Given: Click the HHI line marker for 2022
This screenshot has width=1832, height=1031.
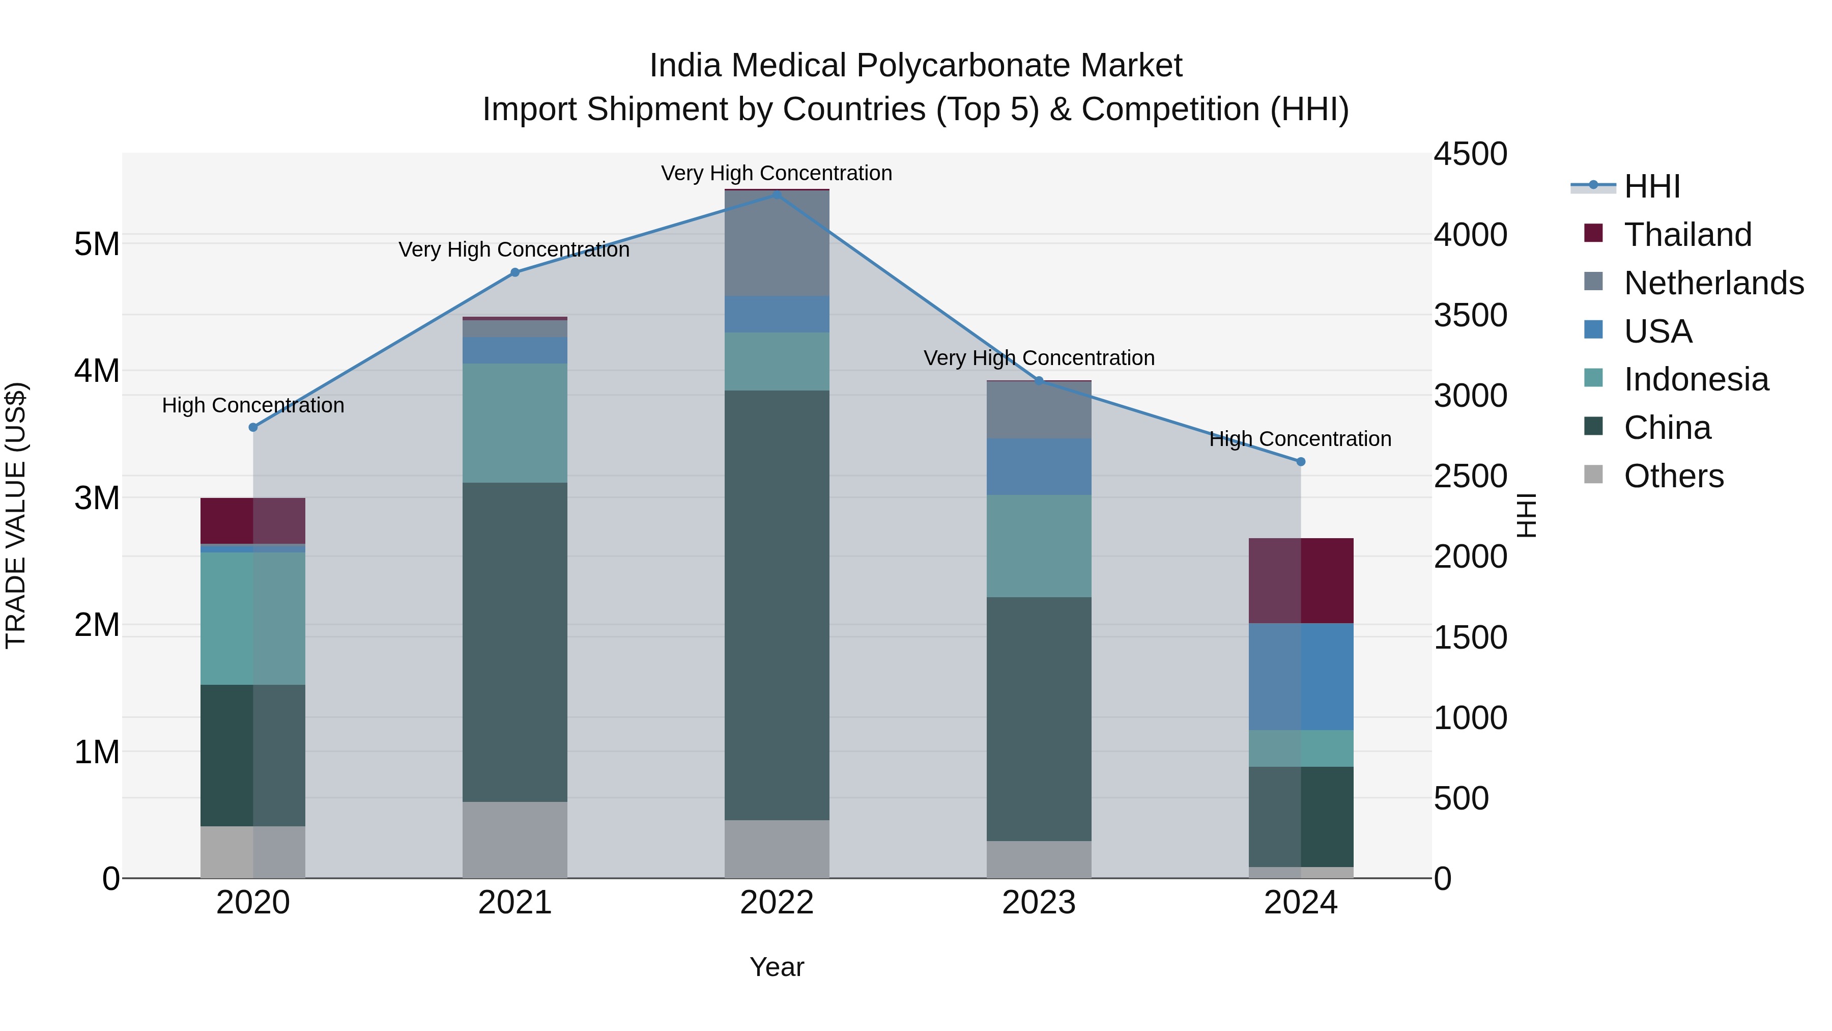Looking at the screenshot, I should pyautogui.click(x=777, y=194).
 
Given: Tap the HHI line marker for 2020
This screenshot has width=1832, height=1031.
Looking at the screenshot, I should pyautogui.click(x=253, y=427).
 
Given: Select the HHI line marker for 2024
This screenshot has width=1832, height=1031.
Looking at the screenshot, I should pyautogui.click(x=1301, y=462).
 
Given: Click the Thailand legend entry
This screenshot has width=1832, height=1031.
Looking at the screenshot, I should pyautogui.click(x=1687, y=235).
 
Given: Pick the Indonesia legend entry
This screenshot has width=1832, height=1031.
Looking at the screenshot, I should pyautogui.click(x=1696, y=379).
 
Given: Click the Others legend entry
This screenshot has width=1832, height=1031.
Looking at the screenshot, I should pyautogui.click(x=1673, y=476).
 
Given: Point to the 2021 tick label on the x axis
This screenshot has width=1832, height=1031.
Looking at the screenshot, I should pyautogui.click(x=515, y=903).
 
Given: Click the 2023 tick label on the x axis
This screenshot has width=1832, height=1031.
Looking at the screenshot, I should pyautogui.click(x=1038, y=903).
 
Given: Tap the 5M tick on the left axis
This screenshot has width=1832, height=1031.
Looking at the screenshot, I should pyautogui.click(x=97, y=244).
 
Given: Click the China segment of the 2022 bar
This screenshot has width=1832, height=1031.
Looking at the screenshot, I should pyautogui.click(x=777, y=605).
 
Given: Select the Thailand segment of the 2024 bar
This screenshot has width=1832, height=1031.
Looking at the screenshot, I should pyautogui.click(x=1301, y=580).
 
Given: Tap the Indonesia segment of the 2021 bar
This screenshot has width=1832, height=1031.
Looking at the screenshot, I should pyautogui.click(x=515, y=424).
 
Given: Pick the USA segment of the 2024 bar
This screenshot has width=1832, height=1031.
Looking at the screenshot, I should pyautogui.click(x=1301, y=677).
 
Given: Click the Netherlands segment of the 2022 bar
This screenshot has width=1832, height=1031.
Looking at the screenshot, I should pyautogui.click(x=777, y=243).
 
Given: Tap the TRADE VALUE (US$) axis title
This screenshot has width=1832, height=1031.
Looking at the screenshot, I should pyautogui.click(x=16, y=515).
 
